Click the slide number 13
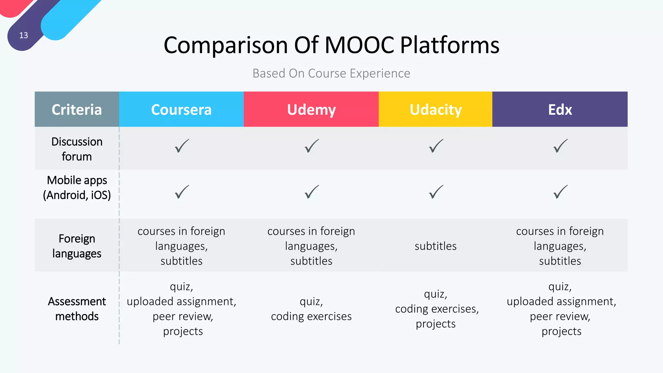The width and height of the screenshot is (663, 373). [x=24, y=35]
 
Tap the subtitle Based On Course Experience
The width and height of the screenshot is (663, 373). [x=331, y=73]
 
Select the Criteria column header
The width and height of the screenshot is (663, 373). [x=77, y=109]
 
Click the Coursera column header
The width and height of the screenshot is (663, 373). [x=181, y=109]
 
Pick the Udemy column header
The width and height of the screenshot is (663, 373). [x=311, y=109]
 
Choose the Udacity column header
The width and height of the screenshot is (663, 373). [x=435, y=109]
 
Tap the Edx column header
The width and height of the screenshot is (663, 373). [x=560, y=109]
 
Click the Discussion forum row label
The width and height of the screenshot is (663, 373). [x=77, y=149]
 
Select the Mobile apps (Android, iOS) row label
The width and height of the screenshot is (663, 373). [x=77, y=187]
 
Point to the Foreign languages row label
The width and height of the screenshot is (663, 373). [x=77, y=246]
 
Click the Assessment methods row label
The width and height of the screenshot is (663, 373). [x=77, y=309]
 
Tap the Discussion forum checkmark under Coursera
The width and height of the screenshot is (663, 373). [x=182, y=146]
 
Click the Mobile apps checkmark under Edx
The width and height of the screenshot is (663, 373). [x=560, y=192]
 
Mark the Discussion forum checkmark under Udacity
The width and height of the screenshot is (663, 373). [x=436, y=146]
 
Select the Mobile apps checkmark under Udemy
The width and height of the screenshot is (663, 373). [x=311, y=192]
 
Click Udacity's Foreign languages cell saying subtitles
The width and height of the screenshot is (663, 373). [x=435, y=246]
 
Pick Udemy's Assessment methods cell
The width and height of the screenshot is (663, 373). [x=311, y=309]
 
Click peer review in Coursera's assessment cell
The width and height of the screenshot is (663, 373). [x=183, y=316]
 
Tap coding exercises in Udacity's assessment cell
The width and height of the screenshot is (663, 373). [x=436, y=309]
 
